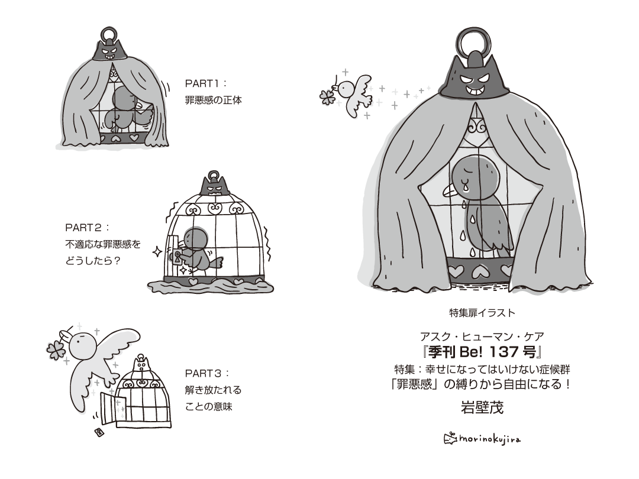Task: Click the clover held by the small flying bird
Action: [327, 96]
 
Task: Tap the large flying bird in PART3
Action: [95, 361]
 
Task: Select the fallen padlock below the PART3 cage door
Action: [98, 432]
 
